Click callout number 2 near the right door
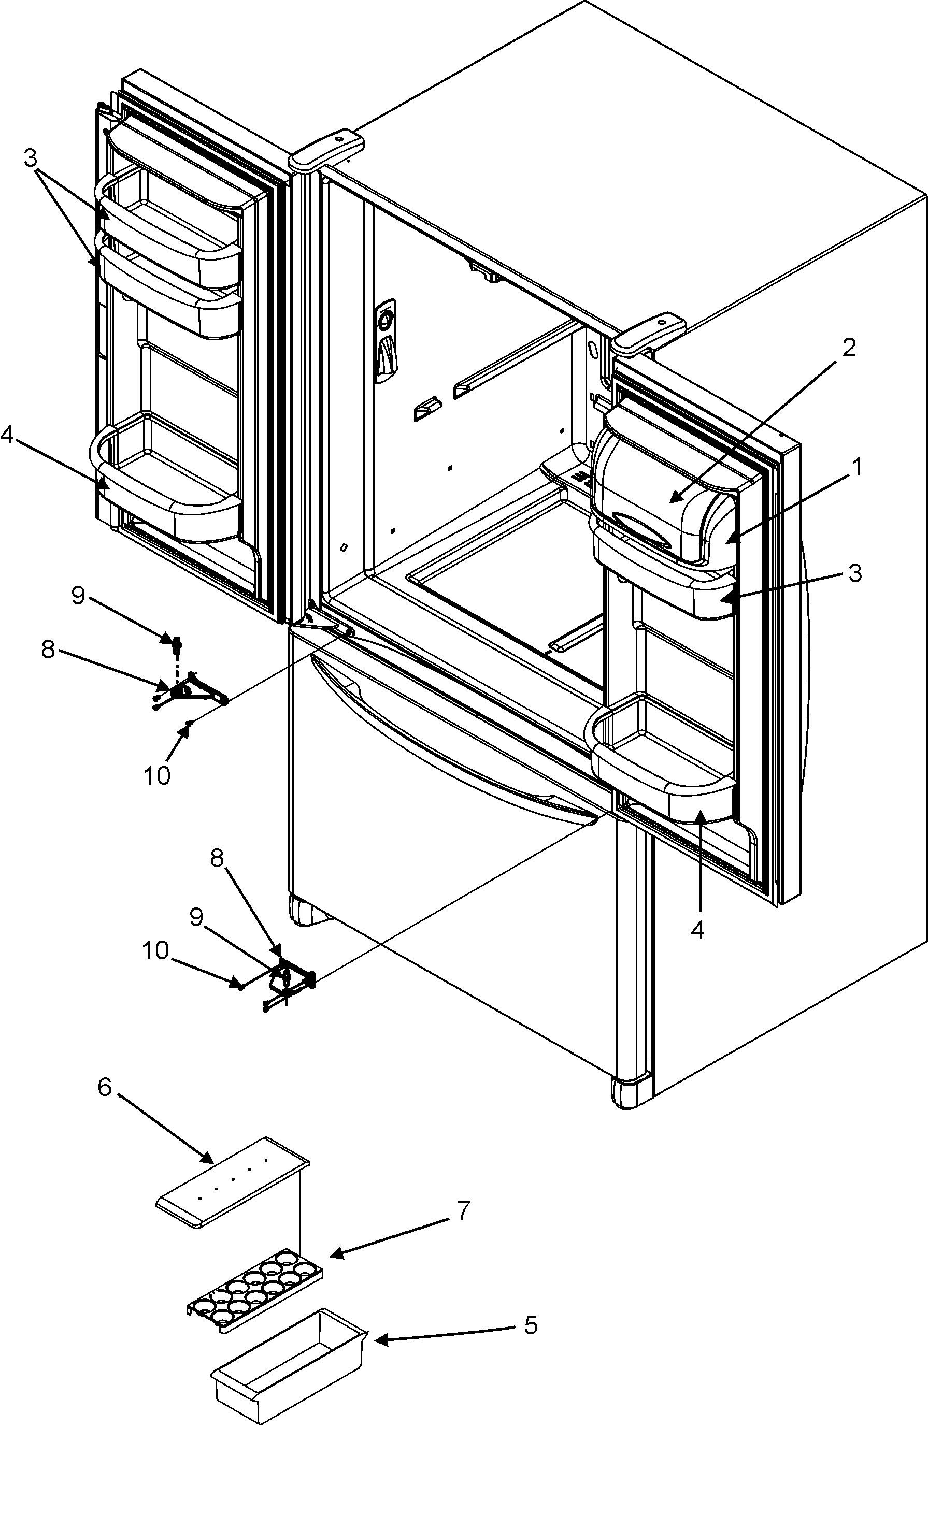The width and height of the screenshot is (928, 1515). point(848,349)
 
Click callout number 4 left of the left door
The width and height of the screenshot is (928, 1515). point(7,435)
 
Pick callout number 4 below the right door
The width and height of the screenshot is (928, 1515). point(697,930)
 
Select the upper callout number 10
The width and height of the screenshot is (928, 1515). point(157,776)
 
